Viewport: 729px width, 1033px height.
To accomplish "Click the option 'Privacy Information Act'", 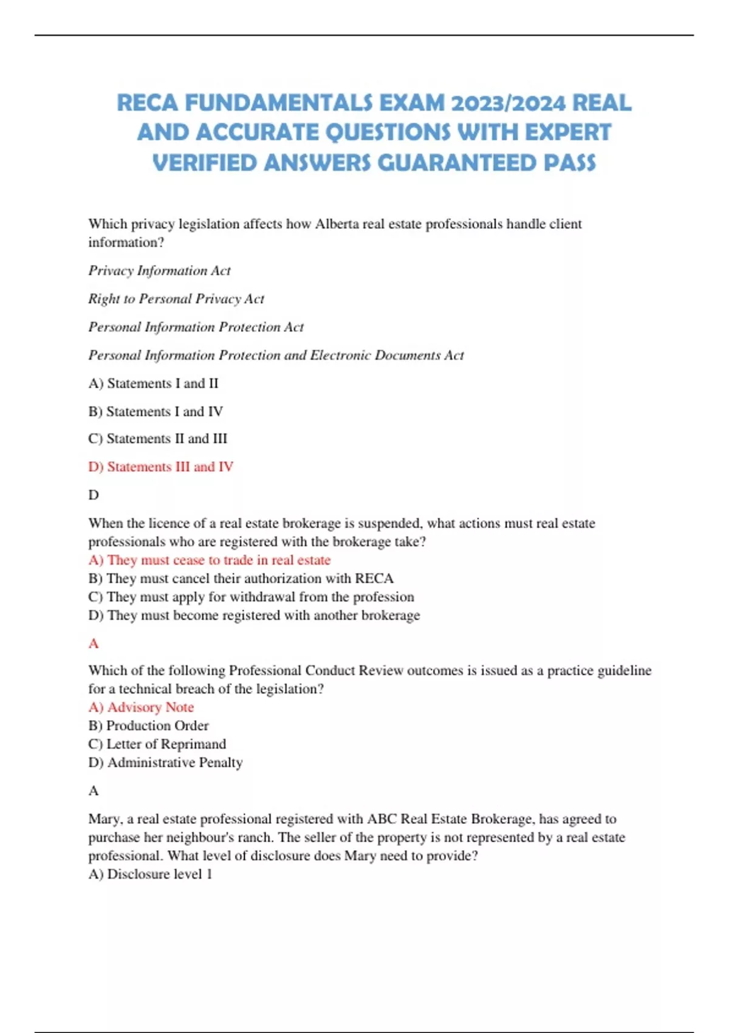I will click(159, 270).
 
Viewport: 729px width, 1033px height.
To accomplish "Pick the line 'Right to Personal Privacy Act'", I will click(176, 298).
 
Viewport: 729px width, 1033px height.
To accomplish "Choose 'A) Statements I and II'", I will click(153, 383).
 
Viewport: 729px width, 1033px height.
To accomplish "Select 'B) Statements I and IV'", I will click(156, 411).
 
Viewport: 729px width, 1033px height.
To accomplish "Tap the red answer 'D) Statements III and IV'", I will click(161, 467).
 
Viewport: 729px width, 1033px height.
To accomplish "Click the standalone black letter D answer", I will click(94, 495).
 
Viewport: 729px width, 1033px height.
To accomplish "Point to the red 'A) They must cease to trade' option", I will click(210, 560).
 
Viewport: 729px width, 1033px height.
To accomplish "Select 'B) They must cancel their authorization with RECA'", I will click(241, 578).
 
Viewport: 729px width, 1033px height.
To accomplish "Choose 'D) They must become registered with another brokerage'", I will click(254, 616).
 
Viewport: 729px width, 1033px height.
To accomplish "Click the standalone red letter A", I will click(94, 643).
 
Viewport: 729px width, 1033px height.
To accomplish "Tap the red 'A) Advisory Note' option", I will click(141, 707).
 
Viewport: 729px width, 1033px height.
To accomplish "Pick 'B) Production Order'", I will click(148, 726).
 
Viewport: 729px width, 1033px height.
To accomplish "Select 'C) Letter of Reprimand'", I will click(157, 744).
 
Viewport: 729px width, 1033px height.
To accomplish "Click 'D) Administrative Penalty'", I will click(165, 763).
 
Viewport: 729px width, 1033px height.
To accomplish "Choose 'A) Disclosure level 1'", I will click(150, 874).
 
